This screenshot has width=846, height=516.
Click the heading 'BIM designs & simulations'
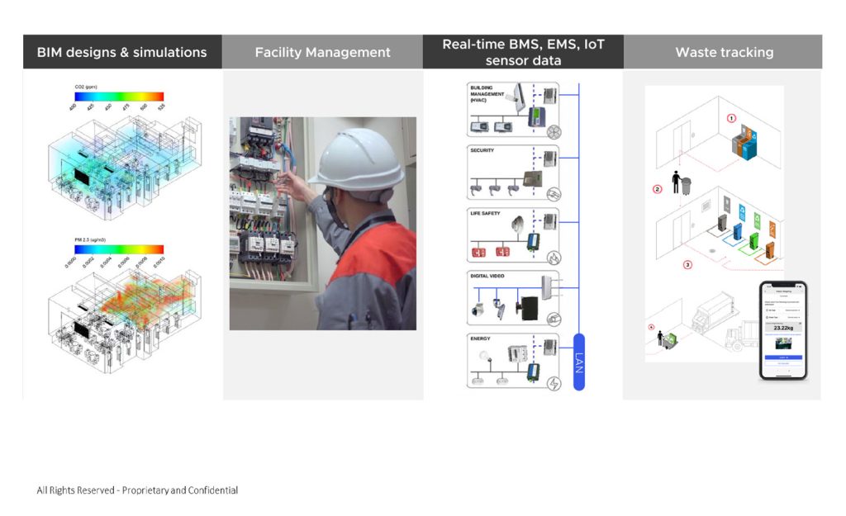click(121, 52)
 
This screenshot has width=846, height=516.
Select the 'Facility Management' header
click(322, 52)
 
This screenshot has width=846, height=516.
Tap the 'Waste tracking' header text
click(724, 52)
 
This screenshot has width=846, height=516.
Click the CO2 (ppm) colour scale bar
click(119, 97)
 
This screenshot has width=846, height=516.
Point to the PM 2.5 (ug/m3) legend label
click(90, 239)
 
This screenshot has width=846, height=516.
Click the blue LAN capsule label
click(578, 361)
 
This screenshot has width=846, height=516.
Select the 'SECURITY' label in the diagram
click(482, 150)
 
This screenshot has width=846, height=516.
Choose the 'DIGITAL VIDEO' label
click(487, 276)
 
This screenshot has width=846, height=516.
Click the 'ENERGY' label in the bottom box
click(480, 338)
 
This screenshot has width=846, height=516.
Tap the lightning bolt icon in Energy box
click(554, 383)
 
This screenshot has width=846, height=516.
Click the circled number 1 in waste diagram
click(730, 119)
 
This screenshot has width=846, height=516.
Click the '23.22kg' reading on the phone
click(782, 327)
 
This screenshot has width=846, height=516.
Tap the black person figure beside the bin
click(676, 182)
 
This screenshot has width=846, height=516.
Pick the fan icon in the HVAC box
click(554, 130)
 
